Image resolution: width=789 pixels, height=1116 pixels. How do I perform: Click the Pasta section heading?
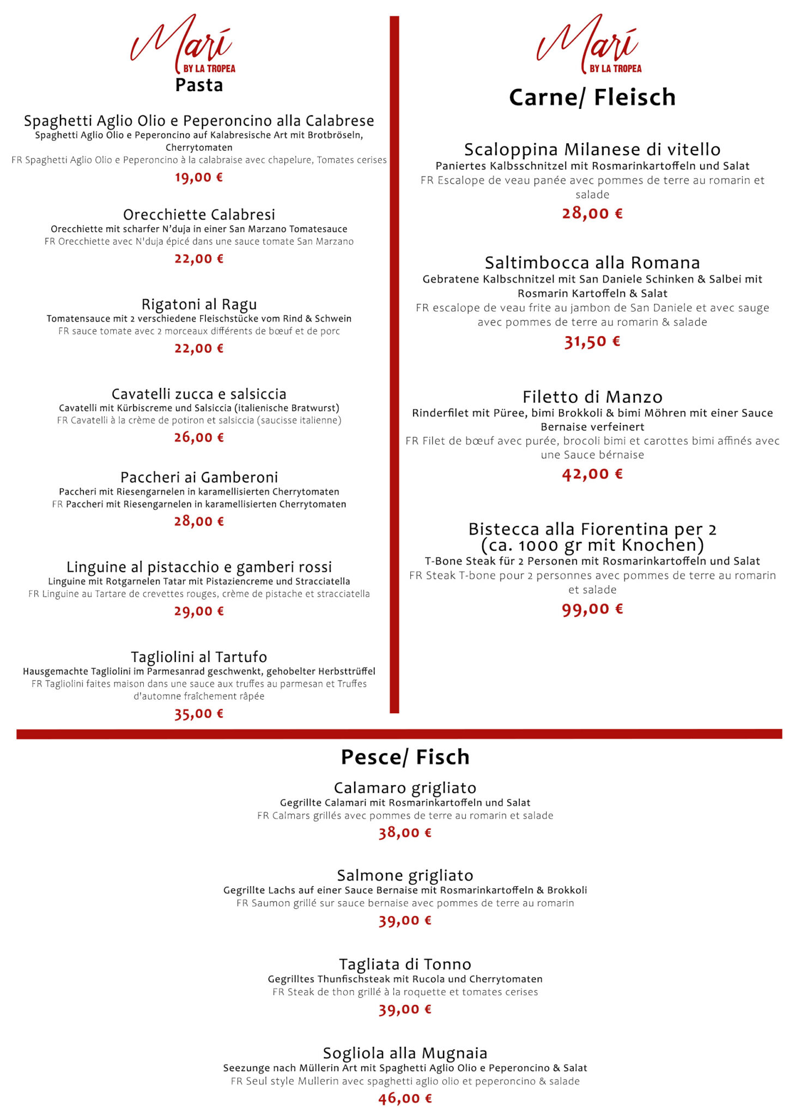tap(199, 86)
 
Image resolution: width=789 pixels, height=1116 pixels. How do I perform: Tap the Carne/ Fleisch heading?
tap(592, 98)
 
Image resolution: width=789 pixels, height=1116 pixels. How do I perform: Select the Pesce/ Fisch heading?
tap(405, 757)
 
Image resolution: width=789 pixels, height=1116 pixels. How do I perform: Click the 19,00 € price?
tap(199, 177)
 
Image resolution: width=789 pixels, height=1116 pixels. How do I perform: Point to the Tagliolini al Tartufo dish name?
tap(199, 657)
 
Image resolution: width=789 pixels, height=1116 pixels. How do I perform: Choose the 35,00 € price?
tap(199, 713)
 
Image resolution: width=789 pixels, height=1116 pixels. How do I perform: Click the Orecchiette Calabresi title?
tap(199, 214)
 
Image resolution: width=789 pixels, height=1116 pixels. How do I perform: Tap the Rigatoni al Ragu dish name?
tap(199, 304)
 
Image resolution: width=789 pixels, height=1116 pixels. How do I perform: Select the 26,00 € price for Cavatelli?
tap(199, 437)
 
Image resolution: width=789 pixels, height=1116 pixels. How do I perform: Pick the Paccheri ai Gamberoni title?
tap(199, 477)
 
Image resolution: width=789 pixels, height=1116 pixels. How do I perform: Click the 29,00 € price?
tap(199, 611)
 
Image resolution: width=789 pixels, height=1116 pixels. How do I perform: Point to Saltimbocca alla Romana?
tap(592, 263)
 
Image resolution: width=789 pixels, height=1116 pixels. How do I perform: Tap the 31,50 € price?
tap(592, 342)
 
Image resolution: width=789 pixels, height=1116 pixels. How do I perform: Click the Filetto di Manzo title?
tap(592, 397)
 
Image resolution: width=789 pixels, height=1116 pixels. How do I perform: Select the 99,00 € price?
tap(592, 609)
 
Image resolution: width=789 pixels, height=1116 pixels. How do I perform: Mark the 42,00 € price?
tap(592, 474)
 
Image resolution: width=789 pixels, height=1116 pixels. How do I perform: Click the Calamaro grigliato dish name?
tap(405, 788)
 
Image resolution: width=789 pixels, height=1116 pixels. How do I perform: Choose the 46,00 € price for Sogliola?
tap(405, 1098)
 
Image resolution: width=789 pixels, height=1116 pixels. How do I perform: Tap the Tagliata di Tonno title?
tap(405, 964)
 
